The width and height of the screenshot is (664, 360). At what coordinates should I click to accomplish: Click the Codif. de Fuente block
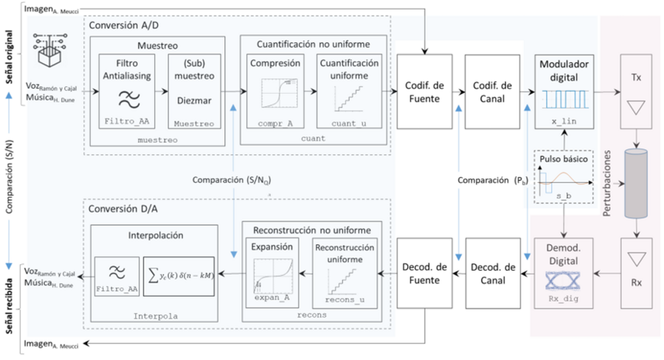[425, 91]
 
